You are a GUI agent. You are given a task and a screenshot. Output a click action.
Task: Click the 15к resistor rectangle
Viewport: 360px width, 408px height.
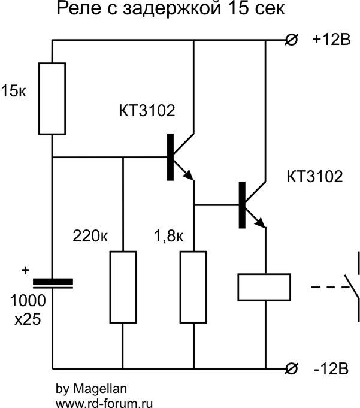52,98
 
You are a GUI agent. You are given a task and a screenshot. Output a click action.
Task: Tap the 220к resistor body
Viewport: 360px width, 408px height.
122,288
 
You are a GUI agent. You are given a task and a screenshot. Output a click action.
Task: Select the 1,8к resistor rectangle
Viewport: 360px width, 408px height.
194,288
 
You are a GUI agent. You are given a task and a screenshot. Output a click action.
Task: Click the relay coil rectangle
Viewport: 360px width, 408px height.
264,287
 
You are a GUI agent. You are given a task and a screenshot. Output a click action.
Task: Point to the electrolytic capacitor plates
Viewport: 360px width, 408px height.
52,283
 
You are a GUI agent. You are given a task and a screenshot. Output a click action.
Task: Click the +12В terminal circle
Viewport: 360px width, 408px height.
291,41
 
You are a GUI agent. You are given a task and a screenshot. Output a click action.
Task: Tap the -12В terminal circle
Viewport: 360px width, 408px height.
291,368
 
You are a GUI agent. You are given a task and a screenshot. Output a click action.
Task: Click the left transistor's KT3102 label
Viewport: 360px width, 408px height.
146,111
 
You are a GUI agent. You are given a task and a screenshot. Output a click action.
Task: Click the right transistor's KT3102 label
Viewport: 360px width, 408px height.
315,177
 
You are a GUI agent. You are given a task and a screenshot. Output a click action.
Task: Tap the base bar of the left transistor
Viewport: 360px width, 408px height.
170,157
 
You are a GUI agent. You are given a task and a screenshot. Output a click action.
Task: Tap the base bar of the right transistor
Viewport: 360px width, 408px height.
243,204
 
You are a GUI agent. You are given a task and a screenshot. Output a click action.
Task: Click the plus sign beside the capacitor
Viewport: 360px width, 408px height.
25,271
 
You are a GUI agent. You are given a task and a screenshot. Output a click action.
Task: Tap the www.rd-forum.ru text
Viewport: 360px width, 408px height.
104,402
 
